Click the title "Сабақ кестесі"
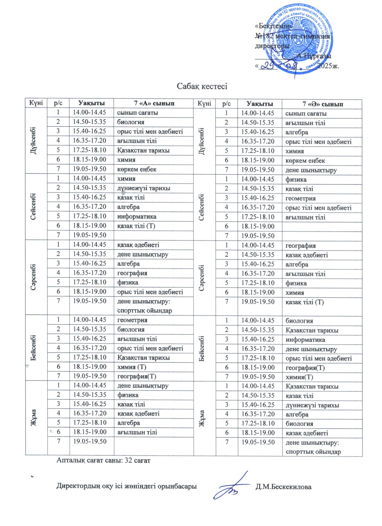tap(202, 86)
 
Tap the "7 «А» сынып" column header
tap(154, 103)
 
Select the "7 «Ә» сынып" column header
tap(323, 104)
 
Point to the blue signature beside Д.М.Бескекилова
tap(233, 487)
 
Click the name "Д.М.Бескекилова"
tap(283, 487)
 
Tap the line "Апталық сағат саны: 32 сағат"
tap(103, 460)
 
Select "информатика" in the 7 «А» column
tap(137, 216)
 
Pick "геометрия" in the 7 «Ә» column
tap(301, 198)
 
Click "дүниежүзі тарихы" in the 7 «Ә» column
tap(312, 405)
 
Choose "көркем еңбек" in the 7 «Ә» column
tap(305, 161)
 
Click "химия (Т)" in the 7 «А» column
tap(132, 367)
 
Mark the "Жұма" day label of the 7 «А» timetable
tap(34, 418)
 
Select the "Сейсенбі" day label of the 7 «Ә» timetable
tap(202, 207)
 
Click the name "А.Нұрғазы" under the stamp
tap(314, 56)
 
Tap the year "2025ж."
tap(329, 66)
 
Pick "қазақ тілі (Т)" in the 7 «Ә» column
tap(304, 302)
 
